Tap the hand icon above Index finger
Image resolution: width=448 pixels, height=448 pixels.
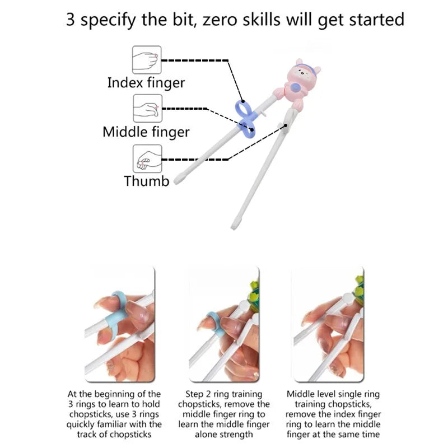147,60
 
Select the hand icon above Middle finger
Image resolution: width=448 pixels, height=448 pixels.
147,109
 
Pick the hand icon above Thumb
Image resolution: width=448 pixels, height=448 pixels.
147,158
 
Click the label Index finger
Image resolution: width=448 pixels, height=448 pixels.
146,83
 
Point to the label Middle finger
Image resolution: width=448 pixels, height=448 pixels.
146,132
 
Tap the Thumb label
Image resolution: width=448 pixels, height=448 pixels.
147,181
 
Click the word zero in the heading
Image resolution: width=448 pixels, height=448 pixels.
221,20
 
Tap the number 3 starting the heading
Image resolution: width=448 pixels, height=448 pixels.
71,20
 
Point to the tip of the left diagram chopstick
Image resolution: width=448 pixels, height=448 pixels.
176,181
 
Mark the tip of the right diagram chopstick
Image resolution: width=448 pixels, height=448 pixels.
233,227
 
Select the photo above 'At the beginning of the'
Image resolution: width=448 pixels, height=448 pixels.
120,324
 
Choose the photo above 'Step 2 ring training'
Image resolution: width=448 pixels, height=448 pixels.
224,324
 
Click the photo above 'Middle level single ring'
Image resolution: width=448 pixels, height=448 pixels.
329,324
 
